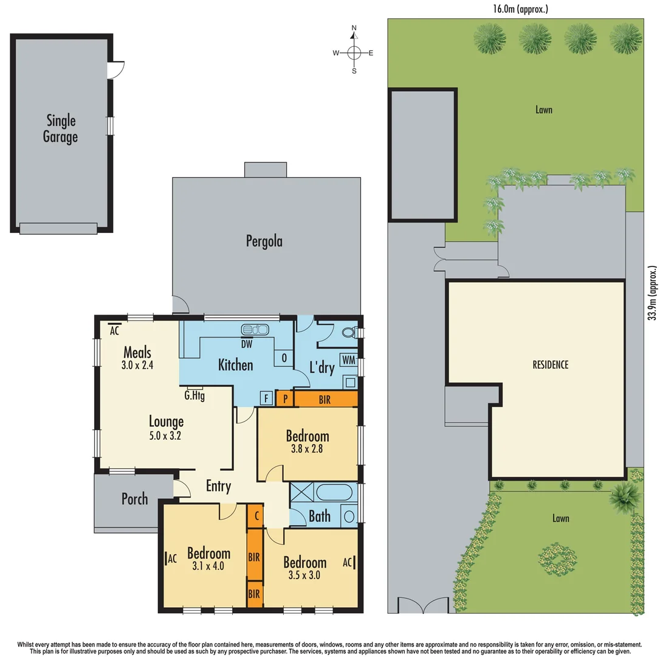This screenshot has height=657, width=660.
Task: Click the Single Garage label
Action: point(60,128)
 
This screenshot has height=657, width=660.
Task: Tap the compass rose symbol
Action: point(354,52)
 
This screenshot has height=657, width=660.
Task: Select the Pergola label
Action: point(264,242)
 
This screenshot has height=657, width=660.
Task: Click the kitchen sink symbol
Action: point(255,330)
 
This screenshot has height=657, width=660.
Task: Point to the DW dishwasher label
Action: point(247,344)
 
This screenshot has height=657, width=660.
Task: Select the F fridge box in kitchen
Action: point(266,399)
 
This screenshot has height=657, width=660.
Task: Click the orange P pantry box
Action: point(284,399)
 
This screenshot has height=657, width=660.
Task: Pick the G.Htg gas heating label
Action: point(194,394)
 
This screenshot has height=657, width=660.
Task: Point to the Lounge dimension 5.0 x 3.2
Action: point(166,436)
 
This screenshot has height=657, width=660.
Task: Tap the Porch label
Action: point(134,499)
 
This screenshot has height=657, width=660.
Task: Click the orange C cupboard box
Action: point(256,516)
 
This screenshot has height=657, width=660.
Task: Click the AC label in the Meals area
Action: point(114,332)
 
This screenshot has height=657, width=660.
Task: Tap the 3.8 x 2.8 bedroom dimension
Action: point(307,451)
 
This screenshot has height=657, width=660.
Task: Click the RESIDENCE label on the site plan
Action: point(550,365)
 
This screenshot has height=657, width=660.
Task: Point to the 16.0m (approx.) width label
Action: point(521,9)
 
